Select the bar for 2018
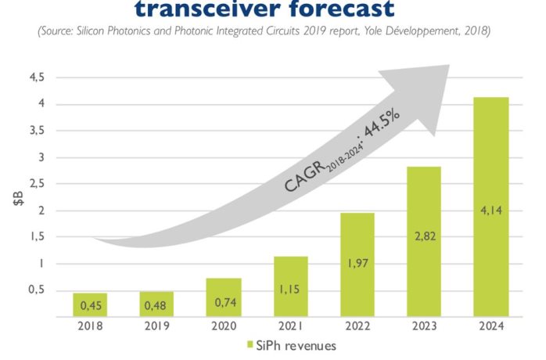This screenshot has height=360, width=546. pos(90,305)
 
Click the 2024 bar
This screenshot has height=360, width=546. pos(491,207)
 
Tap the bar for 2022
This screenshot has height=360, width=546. pos(357,265)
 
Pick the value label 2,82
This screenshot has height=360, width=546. pos(426,236)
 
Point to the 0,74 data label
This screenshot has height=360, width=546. pos(225,303)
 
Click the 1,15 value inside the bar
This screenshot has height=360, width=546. pos(289,289)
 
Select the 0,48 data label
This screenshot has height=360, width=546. pos(156,306)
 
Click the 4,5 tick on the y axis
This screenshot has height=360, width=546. pos(37,77)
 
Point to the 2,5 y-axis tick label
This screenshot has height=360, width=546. pos(37,184)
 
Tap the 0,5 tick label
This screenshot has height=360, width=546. pos(37,290)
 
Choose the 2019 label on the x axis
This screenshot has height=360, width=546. pos(156,326)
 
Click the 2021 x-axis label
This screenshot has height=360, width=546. pos(290,326)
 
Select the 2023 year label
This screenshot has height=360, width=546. pos(424,326)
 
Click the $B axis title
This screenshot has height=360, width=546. pos(19,198)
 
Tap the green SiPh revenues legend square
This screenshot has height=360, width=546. pos(250,344)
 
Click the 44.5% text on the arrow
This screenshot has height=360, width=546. pos(382,124)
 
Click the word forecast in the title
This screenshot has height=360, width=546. pos(342,9)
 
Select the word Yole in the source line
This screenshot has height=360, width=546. pos(374,31)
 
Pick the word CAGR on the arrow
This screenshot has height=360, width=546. pos(304,178)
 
